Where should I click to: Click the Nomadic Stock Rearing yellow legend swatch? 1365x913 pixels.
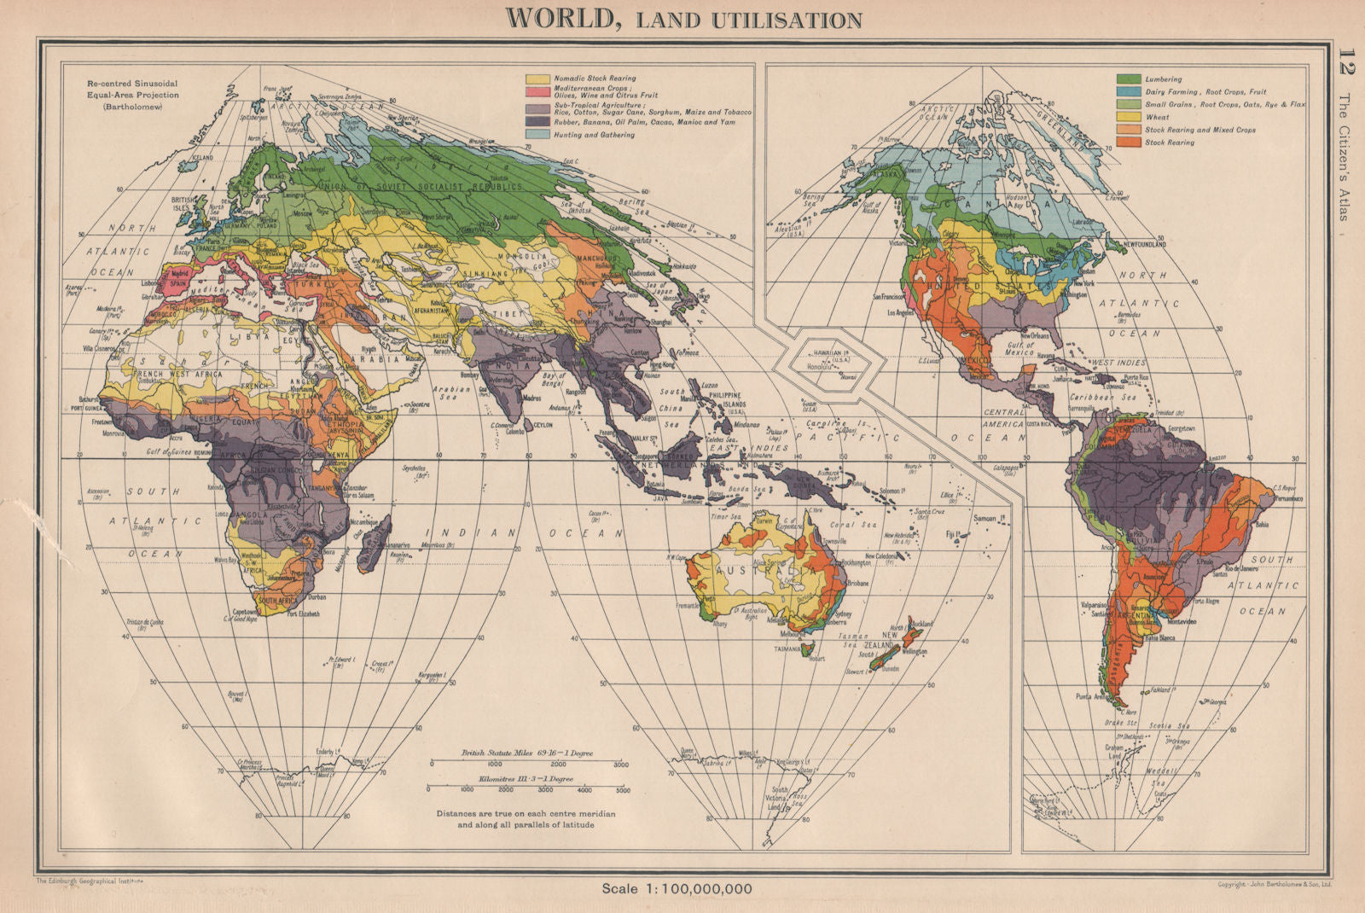pyautogui.click(x=538, y=79)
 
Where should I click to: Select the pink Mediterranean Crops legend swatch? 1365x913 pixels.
pyautogui.click(x=538, y=90)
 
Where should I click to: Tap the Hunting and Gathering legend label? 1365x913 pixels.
pyautogui.click(x=594, y=135)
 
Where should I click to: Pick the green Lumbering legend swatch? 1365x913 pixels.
pyautogui.click(x=1129, y=79)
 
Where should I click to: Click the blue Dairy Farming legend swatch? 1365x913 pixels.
pyautogui.click(x=1129, y=91)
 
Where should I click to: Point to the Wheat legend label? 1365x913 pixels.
pyautogui.click(x=1157, y=117)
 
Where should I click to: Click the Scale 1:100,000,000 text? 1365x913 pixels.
pyautogui.click(x=677, y=889)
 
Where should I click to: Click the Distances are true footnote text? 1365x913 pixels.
pyautogui.click(x=526, y=819)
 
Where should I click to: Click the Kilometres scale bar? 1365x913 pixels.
pyautogui.click(x=527, y=784)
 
